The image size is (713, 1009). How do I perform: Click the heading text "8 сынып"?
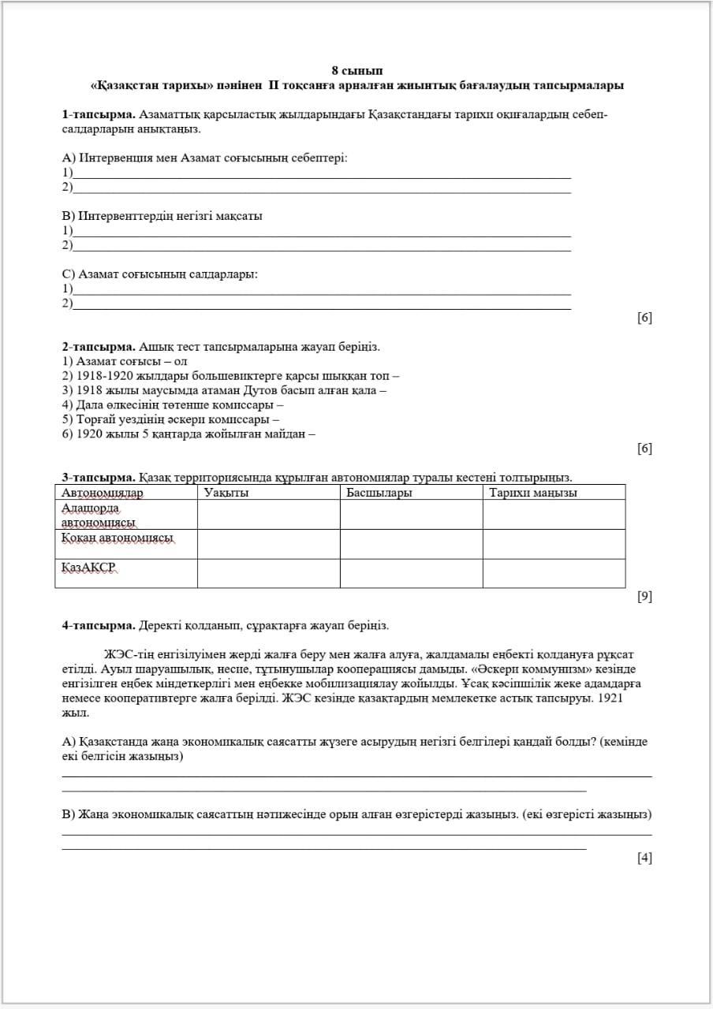pos(357,71)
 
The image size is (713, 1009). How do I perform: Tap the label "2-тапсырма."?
pos(99,347)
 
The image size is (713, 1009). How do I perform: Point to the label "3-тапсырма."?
pos(99,478)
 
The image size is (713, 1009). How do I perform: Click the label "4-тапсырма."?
pos(99,626)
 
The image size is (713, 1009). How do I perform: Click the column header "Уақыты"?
pos(226,493)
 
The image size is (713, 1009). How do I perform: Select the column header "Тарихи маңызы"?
pos(532,493)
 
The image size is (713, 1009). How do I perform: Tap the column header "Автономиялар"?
pos(103,493)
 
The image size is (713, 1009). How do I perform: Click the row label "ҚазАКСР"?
pos(89,568)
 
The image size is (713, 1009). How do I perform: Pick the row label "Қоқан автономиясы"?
pos(118,538)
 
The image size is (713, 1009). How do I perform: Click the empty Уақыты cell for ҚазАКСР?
pos(268,573)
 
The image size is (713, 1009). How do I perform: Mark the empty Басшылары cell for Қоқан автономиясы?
pos(411,544)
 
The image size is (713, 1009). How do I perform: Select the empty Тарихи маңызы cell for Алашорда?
pos(554,514)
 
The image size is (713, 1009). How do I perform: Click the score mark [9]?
pos(644,597)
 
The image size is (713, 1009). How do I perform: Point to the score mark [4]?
pos(644,858)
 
